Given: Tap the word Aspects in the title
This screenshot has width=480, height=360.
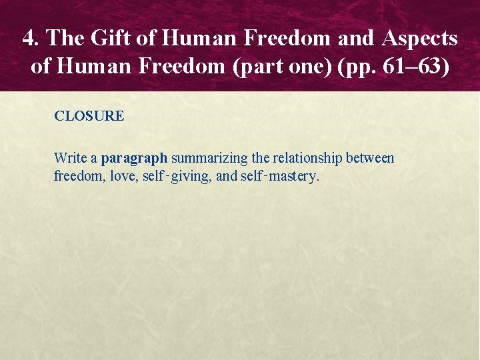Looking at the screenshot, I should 420,39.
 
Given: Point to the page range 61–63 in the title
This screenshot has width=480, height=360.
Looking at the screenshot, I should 421,68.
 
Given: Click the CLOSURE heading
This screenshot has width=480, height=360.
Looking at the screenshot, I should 89,116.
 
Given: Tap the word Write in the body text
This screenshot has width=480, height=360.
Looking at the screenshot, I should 69,159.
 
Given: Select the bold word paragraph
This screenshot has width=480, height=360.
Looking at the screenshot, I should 134,159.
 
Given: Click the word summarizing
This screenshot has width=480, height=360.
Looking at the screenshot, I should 209,159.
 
